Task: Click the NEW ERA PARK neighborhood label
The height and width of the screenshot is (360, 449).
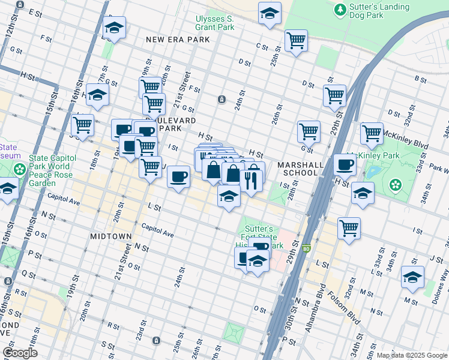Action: click(x=178, y=40)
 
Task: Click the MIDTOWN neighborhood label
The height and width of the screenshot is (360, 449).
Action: click(x=110, y=236)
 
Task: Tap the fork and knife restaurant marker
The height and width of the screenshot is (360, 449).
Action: click(x=251, y=179)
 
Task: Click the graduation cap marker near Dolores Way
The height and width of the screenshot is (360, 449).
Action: click(x=412, y=276)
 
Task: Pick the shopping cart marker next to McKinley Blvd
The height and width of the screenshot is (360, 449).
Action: click(x=372, y=133)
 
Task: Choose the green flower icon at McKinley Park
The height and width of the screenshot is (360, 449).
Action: click(x=395, y=184)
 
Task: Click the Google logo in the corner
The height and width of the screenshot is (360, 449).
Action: click(x=20, y=353)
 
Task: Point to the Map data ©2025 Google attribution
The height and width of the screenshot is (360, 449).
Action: click(x=412, y=355)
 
